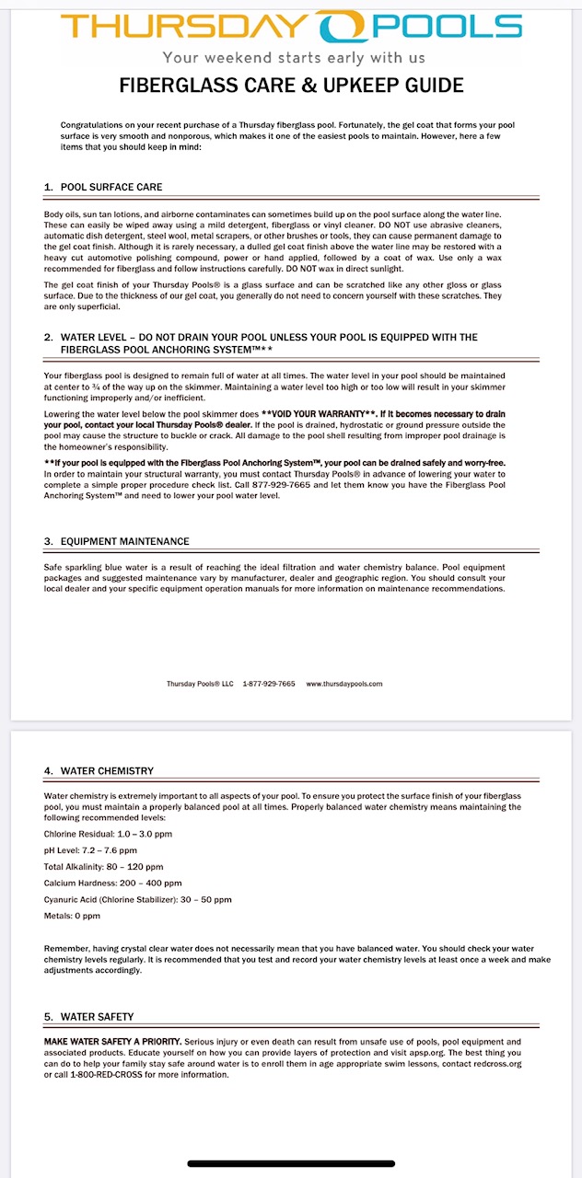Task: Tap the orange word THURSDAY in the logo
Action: tap(184, 27)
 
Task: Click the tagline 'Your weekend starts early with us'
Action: tap(291, 57)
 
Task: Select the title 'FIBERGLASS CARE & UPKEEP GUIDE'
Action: tap(291, 87)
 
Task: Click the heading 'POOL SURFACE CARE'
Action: tap(111, 187)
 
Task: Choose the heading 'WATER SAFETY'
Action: tap(97, 1017)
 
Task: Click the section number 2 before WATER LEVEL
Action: tap(48, 337)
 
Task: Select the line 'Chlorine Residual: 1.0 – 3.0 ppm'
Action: tap(108, 834)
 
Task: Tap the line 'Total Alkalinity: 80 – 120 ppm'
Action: tap(103, 867)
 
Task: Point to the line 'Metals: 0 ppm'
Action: tap(72, 917)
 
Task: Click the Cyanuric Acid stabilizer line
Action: tap(138, 900)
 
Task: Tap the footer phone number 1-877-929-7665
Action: tap(269, 684)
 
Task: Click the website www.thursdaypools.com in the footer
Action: tap(343, 684)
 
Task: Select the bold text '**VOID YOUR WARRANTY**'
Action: tap(312, 414)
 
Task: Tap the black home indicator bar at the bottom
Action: tap(291, 1164)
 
